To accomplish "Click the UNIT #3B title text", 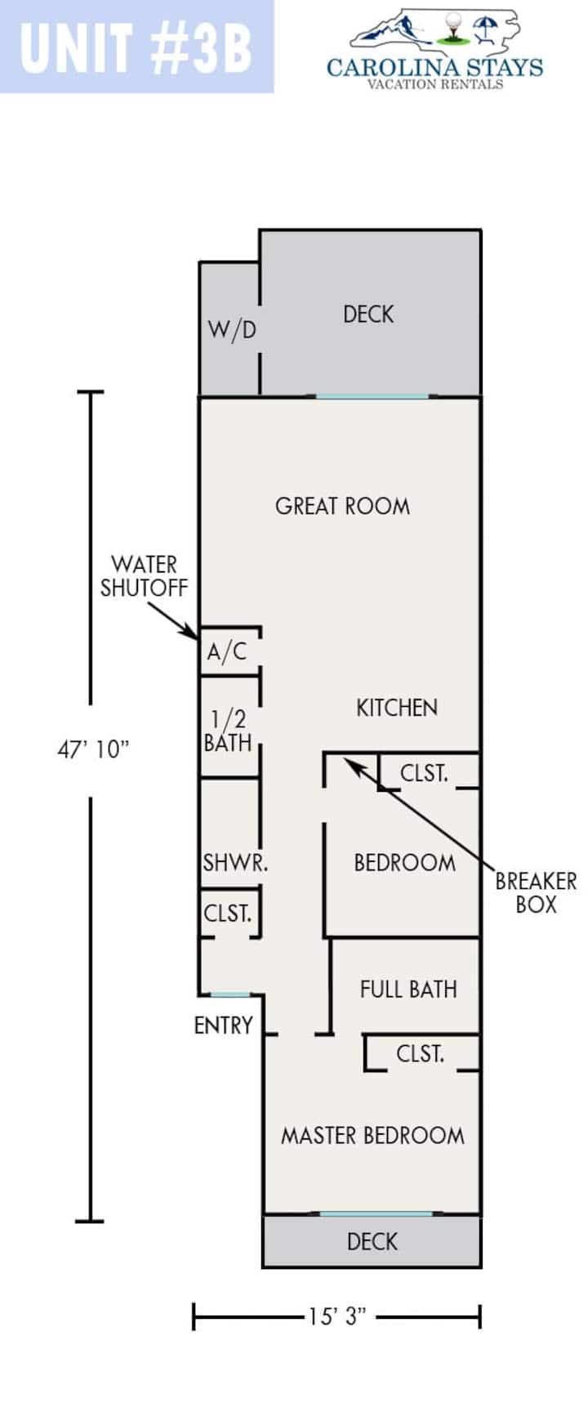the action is pyautogui.click(x=136, y=48).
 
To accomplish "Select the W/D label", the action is pyautogui.click(x=232, y=329).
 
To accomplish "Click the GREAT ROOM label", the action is pyautogui.click(x=342, y=506).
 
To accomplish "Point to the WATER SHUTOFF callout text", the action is pyautogui.click(x=144, y=576).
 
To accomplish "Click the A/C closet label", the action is pyautogui.click(x=226, y=652).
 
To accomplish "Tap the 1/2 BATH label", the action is pyautogui.click(x=228, y=731).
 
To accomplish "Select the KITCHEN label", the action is pyautogui.click(x=397, y=708).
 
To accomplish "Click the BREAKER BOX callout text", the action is pyautogui.click(x=536, y=892).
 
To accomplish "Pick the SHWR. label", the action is pyautogui.click(x=235, y=862).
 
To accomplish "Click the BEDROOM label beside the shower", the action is pyautogui.click(x=404, y=863).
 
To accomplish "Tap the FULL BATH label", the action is pyautogui.click(x=408, y=990).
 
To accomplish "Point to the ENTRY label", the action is pyautogui.click(x=223, y=1025).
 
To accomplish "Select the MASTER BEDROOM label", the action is pyautogui.click(x=372, y=1136).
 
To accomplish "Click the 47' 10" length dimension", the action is pyautogui.click(x=93, y=750).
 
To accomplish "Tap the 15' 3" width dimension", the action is pyautogui.click(x=336, y=1317).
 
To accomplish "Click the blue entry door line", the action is pyautogui.click(x=230, y=994).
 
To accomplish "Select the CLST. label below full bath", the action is pyautogui.click(x=420, y=1054).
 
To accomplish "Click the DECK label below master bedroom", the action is pyautogui.click(x=372, y=1242).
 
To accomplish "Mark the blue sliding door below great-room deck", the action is pyautogui.click(x=372, y=396).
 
